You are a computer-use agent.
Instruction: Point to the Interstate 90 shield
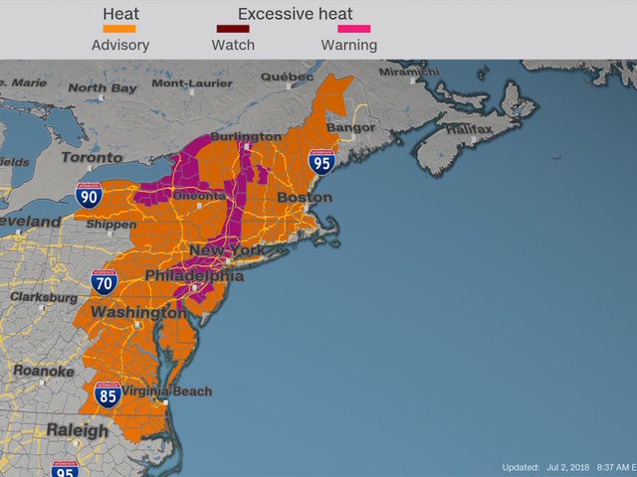[x=89, y=194]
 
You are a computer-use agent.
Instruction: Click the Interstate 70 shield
[x=105, y=282]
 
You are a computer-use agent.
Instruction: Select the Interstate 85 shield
[x=109, y=395]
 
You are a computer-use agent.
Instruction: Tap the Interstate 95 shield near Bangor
[x=320, y=163]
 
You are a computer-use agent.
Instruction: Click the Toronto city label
[x=92, y=157]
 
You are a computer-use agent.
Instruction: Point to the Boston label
[x=305, y=198]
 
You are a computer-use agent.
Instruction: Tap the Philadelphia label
[x=194, y=275]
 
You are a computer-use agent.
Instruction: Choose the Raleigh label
[x=76, y=431]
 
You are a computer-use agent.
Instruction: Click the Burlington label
[x=244, y=136]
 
